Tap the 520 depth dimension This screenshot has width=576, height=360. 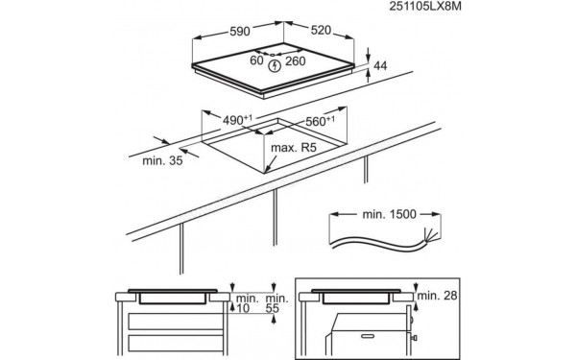(x=322, y=31)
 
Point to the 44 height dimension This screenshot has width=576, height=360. (x=381, y=65)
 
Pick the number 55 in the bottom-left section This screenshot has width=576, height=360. (x=273, y=308)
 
